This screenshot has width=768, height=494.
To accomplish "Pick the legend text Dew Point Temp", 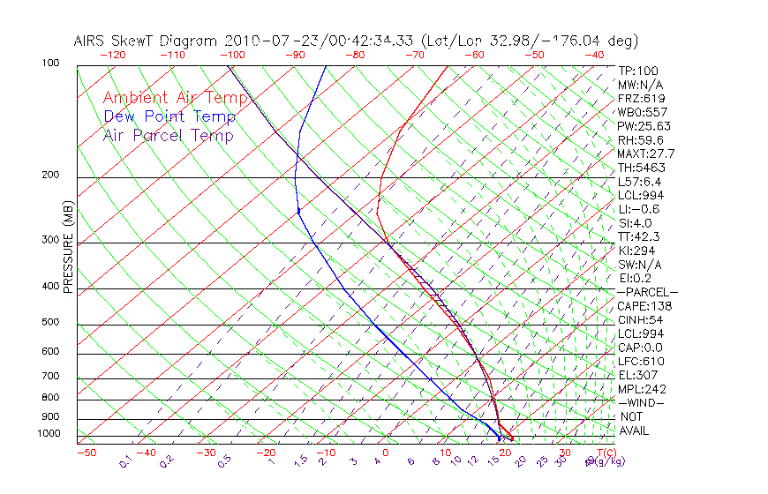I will pyautogui.click(x=169, y=116).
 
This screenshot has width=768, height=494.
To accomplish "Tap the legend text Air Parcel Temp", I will pyautogui.click(x=169, y=135).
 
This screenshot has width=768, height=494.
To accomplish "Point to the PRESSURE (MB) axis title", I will pyautogui.click(x=68, y=248).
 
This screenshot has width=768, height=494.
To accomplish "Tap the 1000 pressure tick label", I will pyautogui.click(x=49, y=434).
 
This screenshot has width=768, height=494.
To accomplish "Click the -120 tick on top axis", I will pyautogui.click(x=113, y=54).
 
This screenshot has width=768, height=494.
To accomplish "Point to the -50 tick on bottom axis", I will pyautogui.click(x=86, y=453).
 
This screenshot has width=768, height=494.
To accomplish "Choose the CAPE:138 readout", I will pyautogui.click(x=644, y=306).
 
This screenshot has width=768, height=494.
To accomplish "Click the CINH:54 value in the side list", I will pyautogui.click(x=639, y=320).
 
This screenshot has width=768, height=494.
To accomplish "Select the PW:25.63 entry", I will pyautogui.click(x=644, y=126).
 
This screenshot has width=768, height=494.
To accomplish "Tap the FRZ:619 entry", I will pyautogui.click(x=641, y=99).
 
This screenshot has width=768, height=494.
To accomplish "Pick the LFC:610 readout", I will pyautogui.click(x=641, y=362).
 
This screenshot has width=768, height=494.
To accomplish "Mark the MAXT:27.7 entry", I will pyautogui.click(x=646, y=154).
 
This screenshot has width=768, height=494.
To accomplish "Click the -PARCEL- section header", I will pyautogui.click(x=647, y=292).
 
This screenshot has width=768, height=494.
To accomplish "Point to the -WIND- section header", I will pyautogui.click(x=641, y=403).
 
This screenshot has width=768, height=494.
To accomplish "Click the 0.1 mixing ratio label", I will pyautogui.click(x=125, y=461).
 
